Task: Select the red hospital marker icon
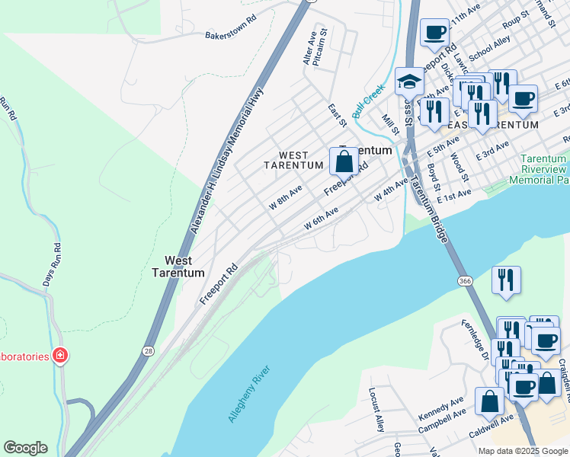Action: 59,356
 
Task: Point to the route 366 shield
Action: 465,281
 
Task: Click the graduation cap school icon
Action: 409,81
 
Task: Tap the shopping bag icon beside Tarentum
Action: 344,161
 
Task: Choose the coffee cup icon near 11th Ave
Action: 434,33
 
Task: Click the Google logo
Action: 25,448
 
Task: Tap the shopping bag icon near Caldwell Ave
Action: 489,401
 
